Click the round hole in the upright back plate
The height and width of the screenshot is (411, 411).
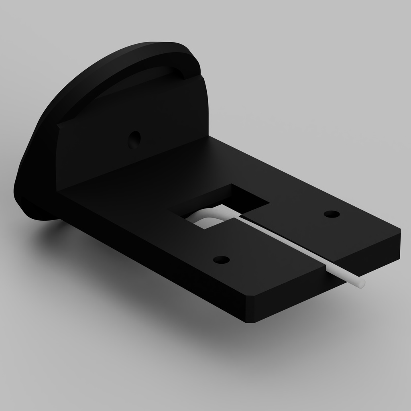click(x=134, y=139)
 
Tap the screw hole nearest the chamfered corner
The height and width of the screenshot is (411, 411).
click(x=221, y=260)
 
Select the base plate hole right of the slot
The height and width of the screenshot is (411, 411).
click(x=331, y=214)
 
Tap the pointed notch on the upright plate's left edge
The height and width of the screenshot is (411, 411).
click(x=59, y=126)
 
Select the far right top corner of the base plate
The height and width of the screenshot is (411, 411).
click(x=400, y=231)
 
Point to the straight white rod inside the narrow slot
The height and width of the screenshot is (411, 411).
click(x=289, y=245)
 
